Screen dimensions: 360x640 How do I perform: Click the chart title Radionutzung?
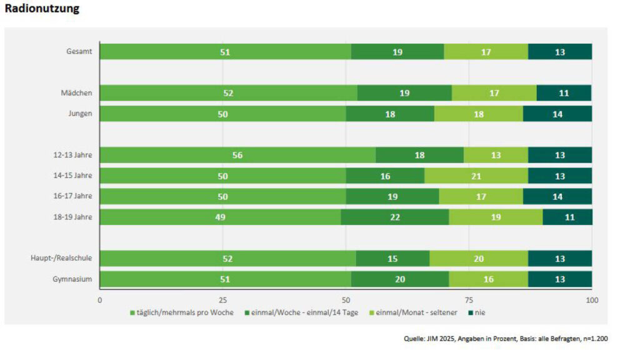pos(42,10)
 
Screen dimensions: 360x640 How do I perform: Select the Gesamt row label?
pos(80,52)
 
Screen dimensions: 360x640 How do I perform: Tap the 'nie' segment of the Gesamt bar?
pos(560,52)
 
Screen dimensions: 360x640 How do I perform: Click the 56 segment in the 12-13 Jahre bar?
pos(237,155)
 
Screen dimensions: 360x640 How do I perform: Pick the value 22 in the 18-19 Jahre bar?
pos(395,217)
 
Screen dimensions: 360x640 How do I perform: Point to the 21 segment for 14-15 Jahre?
pos(476,176)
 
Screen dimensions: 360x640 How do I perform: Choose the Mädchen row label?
pos(77,93)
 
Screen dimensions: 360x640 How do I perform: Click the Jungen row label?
pos(80,114)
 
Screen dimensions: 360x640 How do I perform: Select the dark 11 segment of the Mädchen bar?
pos(564,93)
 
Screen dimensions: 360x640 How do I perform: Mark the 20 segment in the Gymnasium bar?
pos(400,279)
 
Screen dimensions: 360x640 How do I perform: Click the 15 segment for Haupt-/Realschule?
pos(392,258)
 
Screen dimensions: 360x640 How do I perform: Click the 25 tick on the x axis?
pos(222,300)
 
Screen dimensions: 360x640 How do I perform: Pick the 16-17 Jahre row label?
pos(72,196)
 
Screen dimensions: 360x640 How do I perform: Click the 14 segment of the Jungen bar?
pos(557,114)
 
